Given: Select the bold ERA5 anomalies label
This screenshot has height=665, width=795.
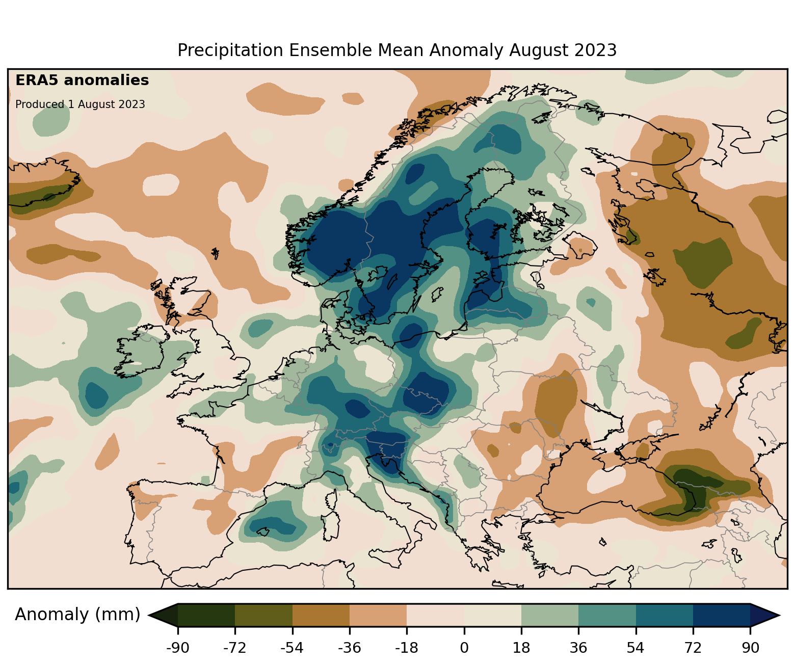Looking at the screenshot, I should [82, 81].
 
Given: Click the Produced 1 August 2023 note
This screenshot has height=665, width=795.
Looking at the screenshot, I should [80, 104].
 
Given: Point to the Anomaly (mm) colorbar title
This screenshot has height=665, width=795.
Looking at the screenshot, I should [77, 615].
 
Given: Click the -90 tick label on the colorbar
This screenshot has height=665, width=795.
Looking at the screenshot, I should [177, 648].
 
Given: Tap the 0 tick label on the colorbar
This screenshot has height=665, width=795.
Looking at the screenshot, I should [464, 648].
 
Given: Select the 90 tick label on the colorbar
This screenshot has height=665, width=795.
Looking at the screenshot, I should [750, 648].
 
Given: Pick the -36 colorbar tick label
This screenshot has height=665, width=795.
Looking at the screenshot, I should [349, 648].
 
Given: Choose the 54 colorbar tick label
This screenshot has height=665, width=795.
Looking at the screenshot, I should [635, 648].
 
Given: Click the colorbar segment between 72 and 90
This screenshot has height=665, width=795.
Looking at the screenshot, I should [722, 615].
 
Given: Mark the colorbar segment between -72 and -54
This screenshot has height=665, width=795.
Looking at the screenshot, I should [263, 615].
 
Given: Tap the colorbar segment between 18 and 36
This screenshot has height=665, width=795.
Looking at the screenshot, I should [550, 615].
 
